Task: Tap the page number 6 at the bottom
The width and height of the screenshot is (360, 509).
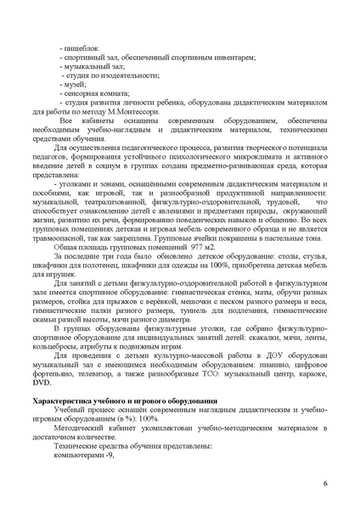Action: click(325, 484)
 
